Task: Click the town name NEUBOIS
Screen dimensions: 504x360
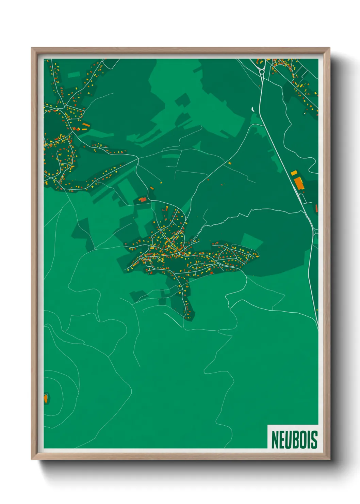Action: pyautogui.click(x=294, y=440)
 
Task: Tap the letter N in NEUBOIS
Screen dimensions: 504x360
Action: pyautogui.click(x=275, y=440)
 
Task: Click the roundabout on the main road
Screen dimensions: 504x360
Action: pyautogui.click(x=262, y=72)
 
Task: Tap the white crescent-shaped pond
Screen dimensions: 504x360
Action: pyautogui.click(x=252, y=109)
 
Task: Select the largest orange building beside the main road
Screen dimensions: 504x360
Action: pyautogui.click(x=299, y=183)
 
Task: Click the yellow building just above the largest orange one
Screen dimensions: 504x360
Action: pyautogui.click(x=294, y=173)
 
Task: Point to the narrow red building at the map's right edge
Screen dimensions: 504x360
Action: pyautogui.click(x=316, y=208)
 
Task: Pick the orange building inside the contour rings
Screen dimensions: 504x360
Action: pyautogui.click(x=45, y=398)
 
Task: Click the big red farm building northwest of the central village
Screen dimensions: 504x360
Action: pyautogui.click(x=143, y=200)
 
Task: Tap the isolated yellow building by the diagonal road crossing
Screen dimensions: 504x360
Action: pyautogui.click(x=229, y=163)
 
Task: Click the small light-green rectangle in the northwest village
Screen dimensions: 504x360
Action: pyautogui.click(x=73, y=75)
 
